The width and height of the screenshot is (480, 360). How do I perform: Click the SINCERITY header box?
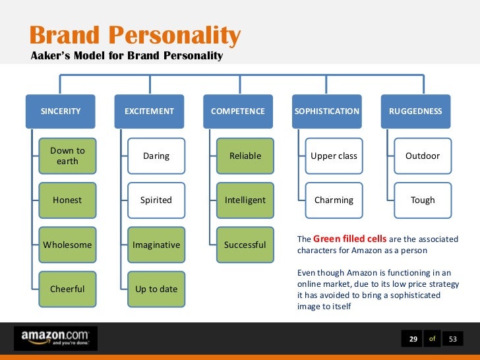tap(61, 111)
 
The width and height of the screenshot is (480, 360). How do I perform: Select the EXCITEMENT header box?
tap(150, 111)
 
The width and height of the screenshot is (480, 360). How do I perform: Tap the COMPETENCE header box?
tap(238, 111)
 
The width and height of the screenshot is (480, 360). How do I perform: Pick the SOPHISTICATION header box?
tap(327, 111)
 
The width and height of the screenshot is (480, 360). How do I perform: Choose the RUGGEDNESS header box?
tap(416, 111)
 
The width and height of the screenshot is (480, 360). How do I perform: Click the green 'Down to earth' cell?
tap(67, 156)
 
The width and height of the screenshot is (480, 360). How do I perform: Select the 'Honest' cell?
tap(67, 200)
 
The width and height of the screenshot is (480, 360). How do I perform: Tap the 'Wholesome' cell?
tap(67, 245)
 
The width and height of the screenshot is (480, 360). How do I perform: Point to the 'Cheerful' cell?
tap(67, 289)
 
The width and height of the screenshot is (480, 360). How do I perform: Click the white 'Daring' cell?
tap(156, 156)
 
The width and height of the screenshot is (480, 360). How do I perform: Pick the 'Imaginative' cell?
tap(156, 245)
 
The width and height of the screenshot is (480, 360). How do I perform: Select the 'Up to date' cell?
tap(156, 289)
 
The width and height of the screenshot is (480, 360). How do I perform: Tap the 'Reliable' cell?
tap(245, 156)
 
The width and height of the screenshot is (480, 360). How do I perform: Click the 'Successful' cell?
tap(245, 245)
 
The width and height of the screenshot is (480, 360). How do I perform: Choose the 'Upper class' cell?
tap(334, 156)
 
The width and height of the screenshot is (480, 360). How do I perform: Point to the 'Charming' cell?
tap(334, 200)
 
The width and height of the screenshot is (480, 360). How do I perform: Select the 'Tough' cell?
tap(423, 200)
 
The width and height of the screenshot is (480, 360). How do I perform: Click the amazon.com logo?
tap(55, 338)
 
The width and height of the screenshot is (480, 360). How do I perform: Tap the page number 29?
tap(413, 339)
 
